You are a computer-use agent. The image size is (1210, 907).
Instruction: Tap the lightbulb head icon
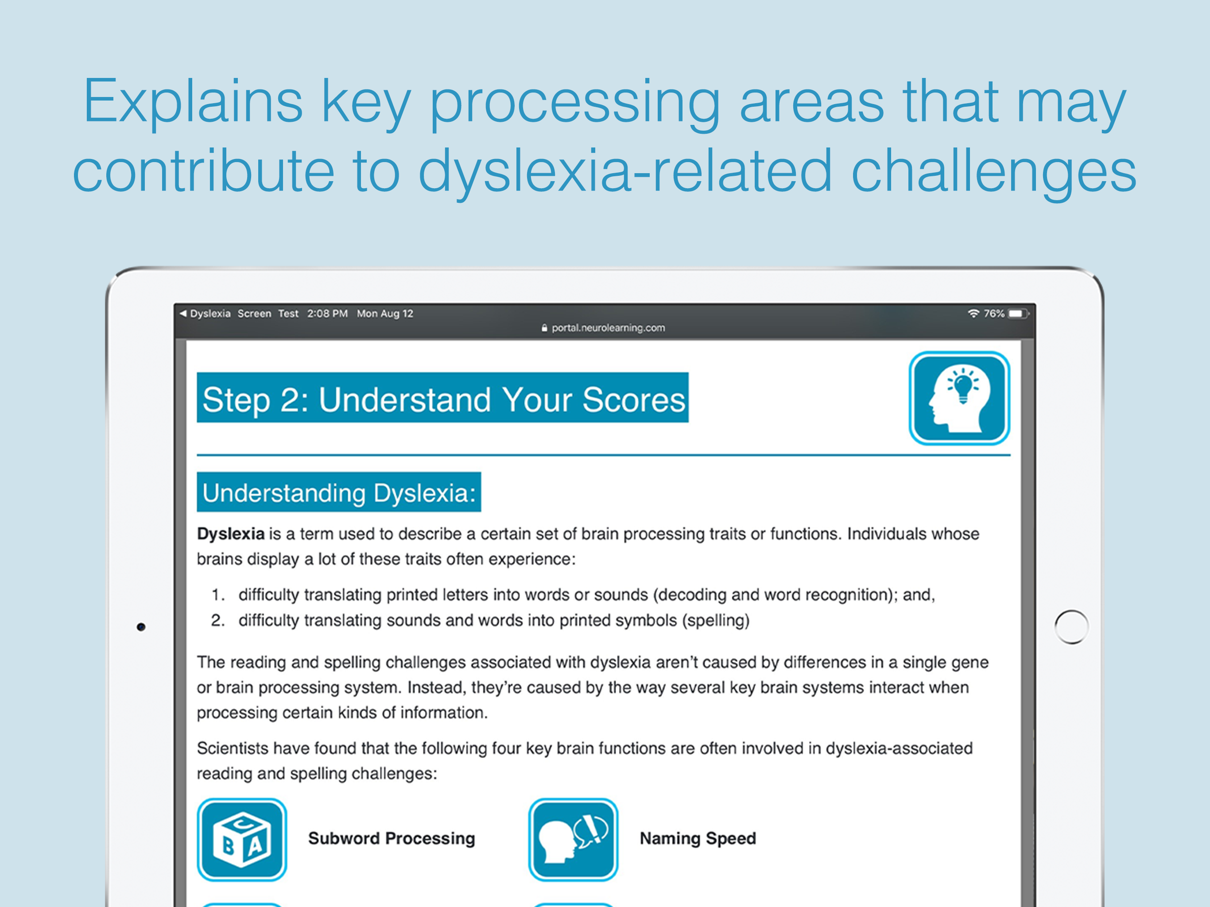tap(959, 398)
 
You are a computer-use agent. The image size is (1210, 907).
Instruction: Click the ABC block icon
tap(242, 840)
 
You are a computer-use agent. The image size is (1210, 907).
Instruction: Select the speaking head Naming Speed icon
tap(573, 840)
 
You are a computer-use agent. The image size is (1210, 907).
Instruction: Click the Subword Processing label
tap(392, 838)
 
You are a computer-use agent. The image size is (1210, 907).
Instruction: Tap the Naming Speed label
tap(698, 838)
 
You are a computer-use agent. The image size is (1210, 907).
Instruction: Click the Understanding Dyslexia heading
tap(339, 492)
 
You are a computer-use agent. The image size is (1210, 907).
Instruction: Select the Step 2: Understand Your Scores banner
tap(442, 398)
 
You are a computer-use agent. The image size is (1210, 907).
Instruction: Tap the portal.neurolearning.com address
tap(608, 328)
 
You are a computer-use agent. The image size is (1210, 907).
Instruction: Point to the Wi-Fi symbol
tap(973, 314)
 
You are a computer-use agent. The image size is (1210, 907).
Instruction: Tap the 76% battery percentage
tap(994, 314)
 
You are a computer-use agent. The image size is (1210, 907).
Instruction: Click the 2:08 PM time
tap(327, 314)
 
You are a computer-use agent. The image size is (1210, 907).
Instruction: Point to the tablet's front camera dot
tap(141, 627)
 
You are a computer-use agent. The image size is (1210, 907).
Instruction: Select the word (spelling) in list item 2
tap(715, 620)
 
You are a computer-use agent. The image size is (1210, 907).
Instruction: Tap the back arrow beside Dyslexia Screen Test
tap(183, 314)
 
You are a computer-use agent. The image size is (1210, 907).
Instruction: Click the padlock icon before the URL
tap(544, 328)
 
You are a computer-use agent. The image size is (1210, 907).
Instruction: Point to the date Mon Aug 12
tap(385, 314)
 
